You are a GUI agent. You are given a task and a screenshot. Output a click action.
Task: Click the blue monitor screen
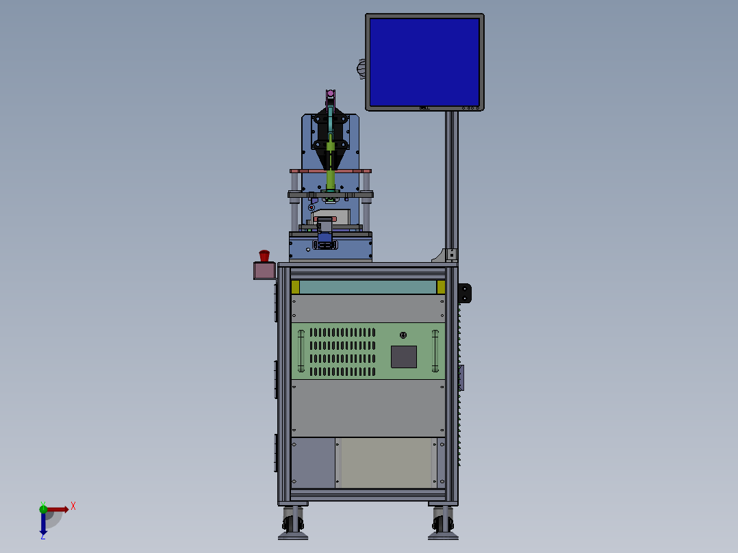(424, 60)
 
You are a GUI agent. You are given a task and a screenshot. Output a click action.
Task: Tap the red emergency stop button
(264, 256)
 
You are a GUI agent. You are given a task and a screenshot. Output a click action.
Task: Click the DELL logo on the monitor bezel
(424, 107)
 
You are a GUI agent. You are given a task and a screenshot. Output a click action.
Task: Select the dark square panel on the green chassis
(403, 357)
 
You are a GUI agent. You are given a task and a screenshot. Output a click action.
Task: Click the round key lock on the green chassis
(403, 335)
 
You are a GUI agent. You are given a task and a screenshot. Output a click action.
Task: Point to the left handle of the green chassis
(301, 351)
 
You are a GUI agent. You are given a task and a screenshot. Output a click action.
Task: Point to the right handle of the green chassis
(435, 351)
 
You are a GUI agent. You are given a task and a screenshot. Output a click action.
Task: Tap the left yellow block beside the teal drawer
(295, 287)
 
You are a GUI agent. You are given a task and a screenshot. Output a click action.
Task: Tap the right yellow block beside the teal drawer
(441, 287)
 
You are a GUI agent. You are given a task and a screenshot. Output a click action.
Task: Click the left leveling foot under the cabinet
(293, 523)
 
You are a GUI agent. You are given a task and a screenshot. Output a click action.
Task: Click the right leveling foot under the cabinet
(443, 523)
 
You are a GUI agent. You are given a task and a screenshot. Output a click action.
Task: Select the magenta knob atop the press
(330, 94)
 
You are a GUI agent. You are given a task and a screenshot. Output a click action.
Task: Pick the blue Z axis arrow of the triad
(43, 524)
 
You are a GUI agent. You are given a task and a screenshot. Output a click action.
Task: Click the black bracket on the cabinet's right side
(466, 292)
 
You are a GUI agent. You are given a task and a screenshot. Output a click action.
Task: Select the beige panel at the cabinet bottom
(387, 463)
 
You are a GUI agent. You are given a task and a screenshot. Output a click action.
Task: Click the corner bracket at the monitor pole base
(446, 255)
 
